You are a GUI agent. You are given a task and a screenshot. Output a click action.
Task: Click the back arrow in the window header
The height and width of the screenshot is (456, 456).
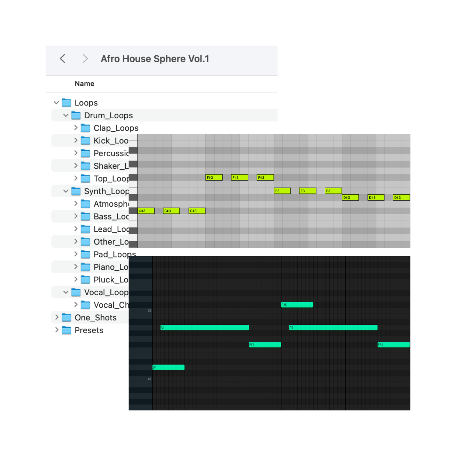(63, 59)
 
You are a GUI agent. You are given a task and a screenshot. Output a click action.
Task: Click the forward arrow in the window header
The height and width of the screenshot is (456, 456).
(85, 59)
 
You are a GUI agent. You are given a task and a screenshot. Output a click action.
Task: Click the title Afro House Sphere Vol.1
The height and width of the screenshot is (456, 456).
(155, 59)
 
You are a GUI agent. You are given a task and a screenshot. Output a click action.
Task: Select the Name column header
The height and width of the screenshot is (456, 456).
(85, 84)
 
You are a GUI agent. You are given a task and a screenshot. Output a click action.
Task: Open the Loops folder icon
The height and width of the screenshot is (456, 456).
(66, 103)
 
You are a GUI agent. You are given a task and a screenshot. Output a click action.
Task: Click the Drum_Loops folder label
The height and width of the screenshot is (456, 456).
(109, 116)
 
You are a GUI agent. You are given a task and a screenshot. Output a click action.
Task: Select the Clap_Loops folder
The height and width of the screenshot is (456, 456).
(116, 128)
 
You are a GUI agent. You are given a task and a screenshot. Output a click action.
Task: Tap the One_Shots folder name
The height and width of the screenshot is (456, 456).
(95, 318)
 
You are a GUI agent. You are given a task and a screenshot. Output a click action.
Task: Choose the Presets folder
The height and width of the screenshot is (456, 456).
(89, 330)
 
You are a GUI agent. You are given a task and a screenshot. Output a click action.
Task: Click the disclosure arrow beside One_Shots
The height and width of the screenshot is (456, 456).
(57, 317)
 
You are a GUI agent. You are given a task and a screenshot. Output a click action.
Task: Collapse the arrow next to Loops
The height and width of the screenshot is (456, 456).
(56, 103)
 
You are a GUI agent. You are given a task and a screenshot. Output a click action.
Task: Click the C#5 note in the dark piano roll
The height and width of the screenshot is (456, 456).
(297, 305)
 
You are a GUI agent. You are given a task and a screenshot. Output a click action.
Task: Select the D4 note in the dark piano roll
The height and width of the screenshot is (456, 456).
(168, 367)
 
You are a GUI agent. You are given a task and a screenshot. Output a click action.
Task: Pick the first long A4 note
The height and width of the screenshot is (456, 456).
(205, 327)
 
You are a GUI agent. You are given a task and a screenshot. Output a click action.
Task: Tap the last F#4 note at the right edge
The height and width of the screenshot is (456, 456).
(393, 344)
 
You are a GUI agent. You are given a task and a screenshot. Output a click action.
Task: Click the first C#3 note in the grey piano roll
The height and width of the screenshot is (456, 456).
(146, 211)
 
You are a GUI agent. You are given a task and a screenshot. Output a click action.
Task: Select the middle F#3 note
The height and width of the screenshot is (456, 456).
(240, 177)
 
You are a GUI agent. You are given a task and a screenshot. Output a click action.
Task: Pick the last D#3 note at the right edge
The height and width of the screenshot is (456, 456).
(401, 197)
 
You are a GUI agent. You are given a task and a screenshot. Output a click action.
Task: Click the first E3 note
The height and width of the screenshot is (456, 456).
(282, 191)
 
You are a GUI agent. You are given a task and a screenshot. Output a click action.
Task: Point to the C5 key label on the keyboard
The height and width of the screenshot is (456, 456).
(150, 310)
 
